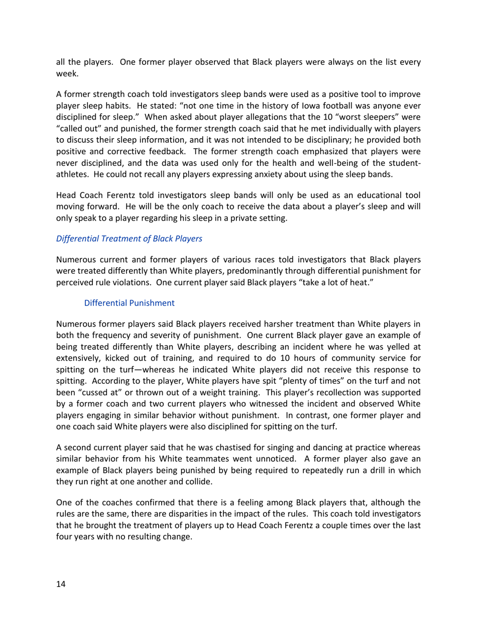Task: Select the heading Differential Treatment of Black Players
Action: [129, 239]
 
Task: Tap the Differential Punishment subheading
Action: [130, 303]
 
